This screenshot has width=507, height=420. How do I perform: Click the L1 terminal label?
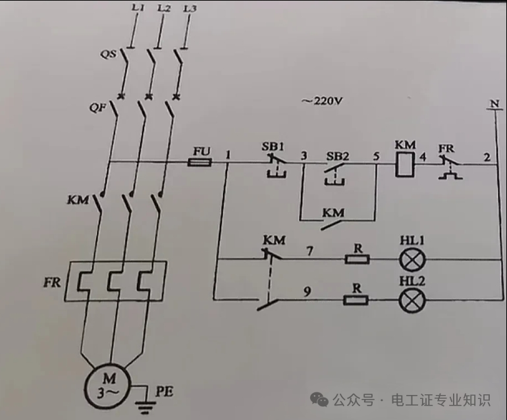pos(137,9)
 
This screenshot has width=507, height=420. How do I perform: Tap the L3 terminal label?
pos(190,9)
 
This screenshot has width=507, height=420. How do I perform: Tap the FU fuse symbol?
pos(200,162)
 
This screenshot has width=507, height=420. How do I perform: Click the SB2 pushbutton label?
pos(337,157)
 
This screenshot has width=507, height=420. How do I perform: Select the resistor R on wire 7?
pos(357,259)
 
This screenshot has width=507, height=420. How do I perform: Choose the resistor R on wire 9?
pos(357,301)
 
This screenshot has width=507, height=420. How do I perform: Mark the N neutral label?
pos(492,104)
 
